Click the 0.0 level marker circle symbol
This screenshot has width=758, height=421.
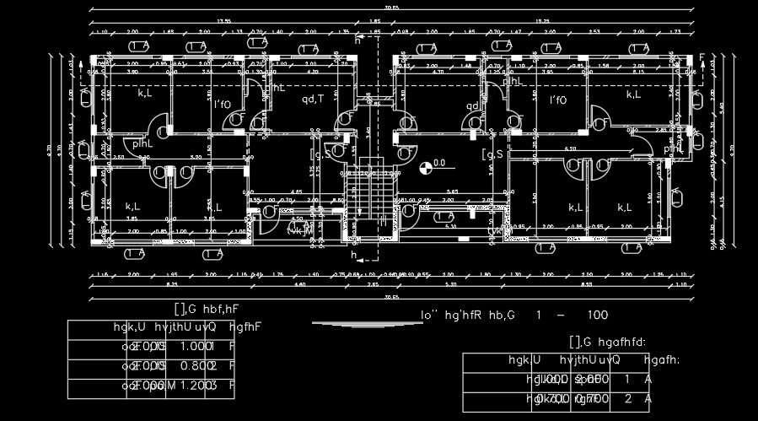425,167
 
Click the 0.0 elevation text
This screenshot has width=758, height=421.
438,163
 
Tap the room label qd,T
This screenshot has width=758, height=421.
313,99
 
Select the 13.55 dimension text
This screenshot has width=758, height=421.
223,20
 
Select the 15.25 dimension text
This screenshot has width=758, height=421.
543,20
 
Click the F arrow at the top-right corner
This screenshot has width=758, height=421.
702,57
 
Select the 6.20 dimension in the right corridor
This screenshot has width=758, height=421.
570,148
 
